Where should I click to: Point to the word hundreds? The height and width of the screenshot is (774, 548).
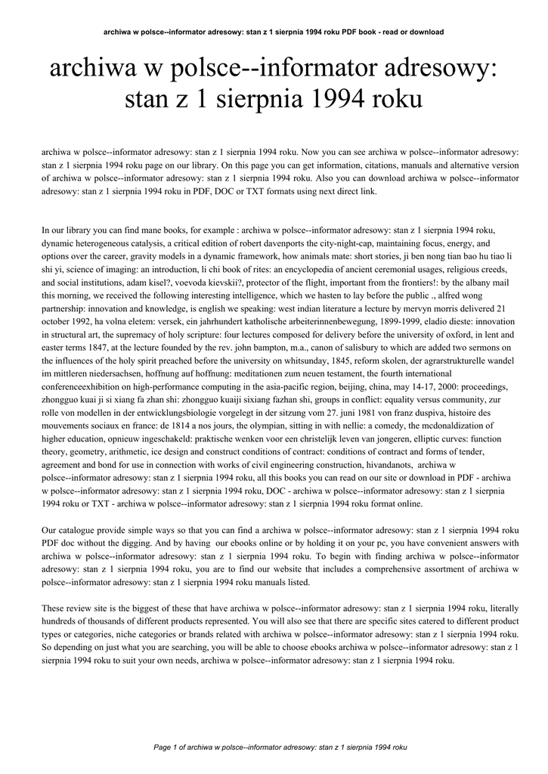tap(61, 621)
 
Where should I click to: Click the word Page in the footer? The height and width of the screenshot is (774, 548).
tap(162, 747)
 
